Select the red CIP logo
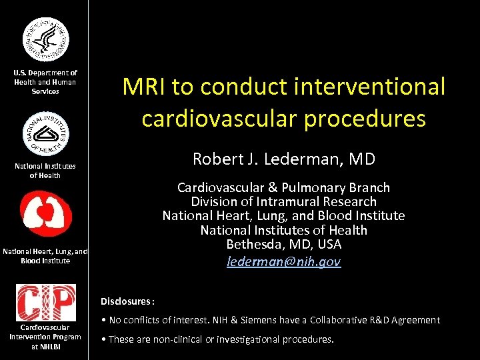pyautogui.click(x=45, y=302)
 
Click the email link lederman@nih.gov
pyautogui.click(x=283, y=262)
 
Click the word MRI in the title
pyautogui.click(x=144, y=87)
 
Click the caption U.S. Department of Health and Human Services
pyautogui.click(x=45, y=82)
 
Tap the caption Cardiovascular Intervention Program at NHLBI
pyautogui.click(x=45, y=337)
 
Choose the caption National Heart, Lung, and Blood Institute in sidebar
pyautogui.click(x=45, y=256)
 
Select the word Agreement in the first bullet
pyautogui.click(x=416, y=320)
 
